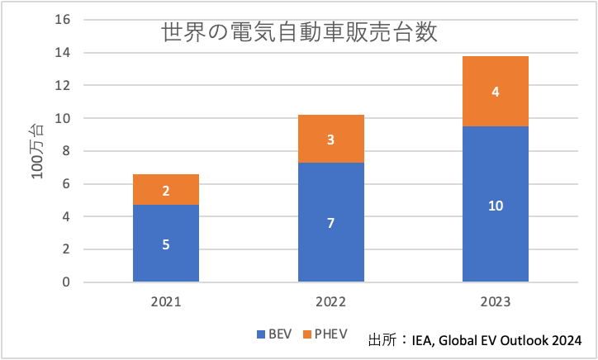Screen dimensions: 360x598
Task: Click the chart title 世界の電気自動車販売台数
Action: [x=298, y=35]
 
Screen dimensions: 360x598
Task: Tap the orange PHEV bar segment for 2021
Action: [x=165, y=189]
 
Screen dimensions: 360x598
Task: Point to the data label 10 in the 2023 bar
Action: [x=495, y=205]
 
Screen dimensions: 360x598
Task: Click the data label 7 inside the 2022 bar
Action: [x=330, y=223]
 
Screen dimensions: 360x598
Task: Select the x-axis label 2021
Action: [x=165, y=302]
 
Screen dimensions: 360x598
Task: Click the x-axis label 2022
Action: [x=330, y=302]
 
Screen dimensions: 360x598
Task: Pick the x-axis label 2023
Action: [x=495, y=302]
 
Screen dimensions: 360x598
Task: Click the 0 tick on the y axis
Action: [x=67, y=282]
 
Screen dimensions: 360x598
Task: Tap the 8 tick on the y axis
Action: [x=67, y=151]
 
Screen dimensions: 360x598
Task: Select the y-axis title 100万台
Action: [x=37, y=151]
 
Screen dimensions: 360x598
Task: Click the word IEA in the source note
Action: [x=422, y=339]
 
